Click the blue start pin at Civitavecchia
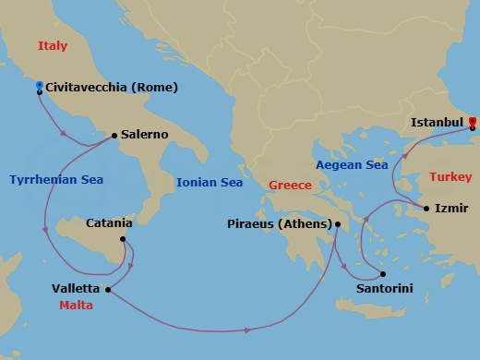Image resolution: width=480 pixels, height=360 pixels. pos(39,87)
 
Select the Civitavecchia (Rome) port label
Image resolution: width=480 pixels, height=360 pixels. pos(111,88)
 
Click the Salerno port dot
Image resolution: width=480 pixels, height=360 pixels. pos(114,136)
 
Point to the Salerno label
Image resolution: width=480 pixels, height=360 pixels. pos(144,135)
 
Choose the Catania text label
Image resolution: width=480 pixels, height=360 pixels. pos(109,222)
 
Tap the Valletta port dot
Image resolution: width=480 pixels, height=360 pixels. pos(109,290)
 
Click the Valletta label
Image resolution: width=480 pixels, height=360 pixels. pos(77,288)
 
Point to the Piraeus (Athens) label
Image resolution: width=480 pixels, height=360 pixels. pos(279,223)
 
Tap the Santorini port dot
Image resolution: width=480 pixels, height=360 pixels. pos(382,274)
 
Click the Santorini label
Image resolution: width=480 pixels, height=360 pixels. pos(384,289)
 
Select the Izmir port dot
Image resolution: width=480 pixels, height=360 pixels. pos(426,209)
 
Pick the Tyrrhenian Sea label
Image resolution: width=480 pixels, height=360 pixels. pos(57,180)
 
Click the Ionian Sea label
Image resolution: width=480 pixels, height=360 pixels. pos(210,183)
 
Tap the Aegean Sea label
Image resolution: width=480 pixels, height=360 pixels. pos(352,165)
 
